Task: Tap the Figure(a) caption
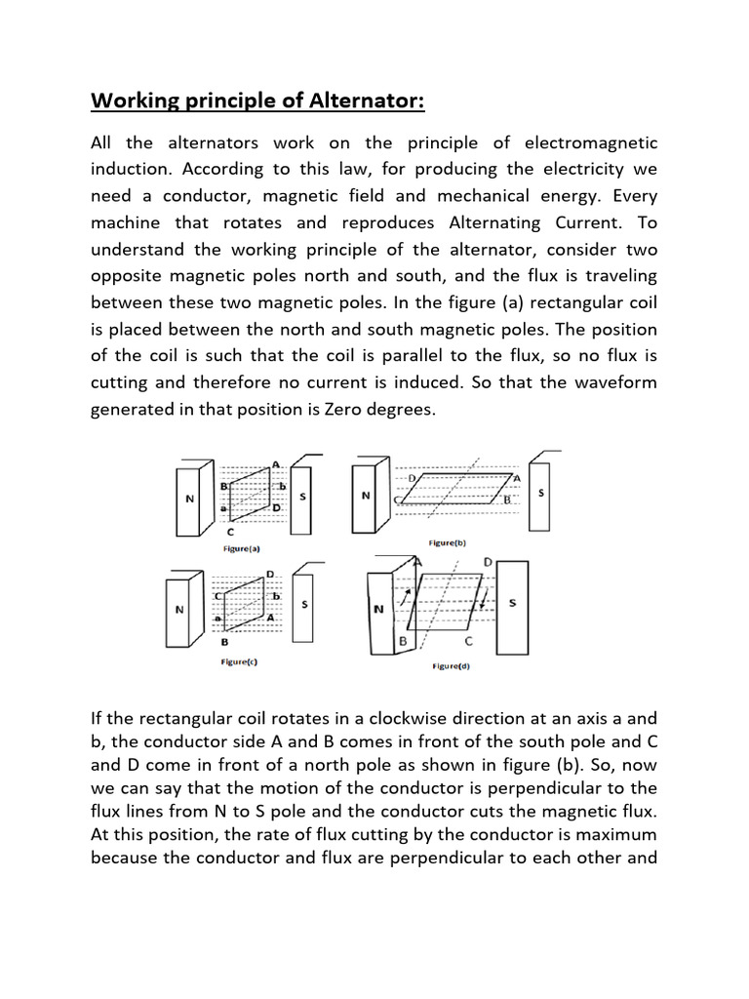pos(241,549)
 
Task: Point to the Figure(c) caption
pos(240,661)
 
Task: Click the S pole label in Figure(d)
pos(513,604)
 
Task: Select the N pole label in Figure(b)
pos(366,495)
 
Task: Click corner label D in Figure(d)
pos(488,563)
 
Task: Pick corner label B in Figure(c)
pos(226,644)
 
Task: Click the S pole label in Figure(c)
pos(306,605)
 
